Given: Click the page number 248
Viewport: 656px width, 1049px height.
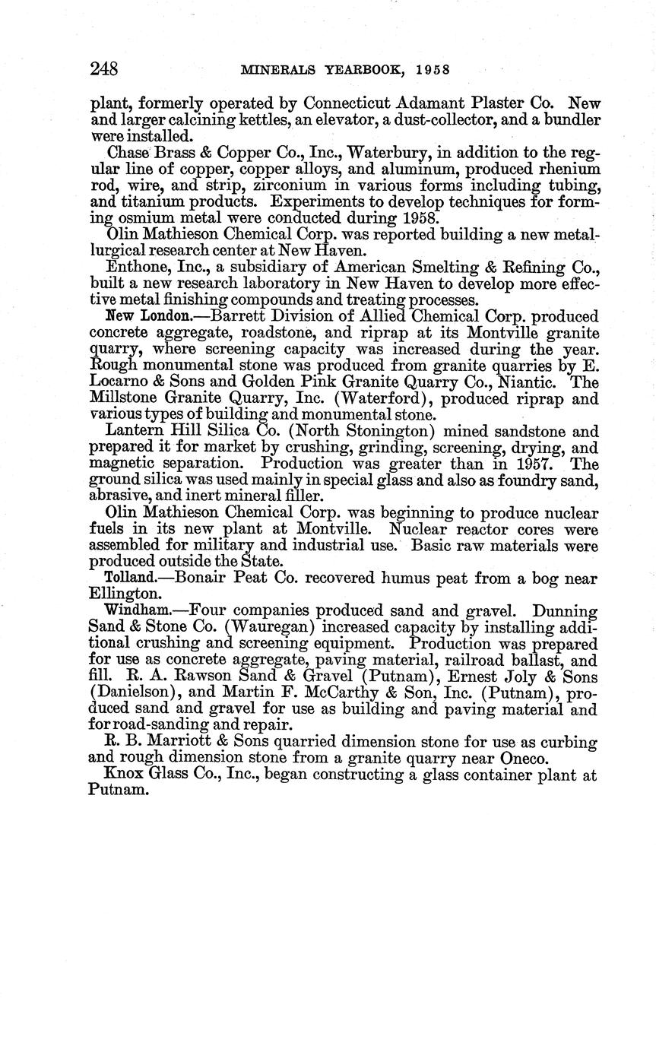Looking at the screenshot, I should (103, 69).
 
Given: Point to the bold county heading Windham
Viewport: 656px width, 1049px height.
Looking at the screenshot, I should (137, 610).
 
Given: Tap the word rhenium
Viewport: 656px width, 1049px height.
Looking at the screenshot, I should (563, 169).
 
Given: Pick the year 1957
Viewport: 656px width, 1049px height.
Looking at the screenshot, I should (531, 464).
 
